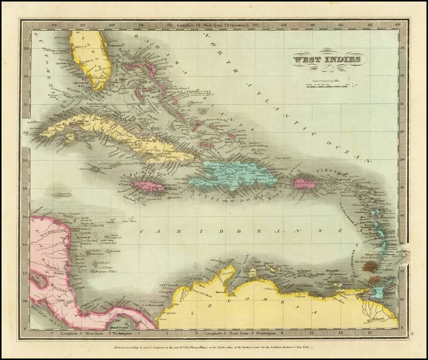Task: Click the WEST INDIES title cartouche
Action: (327, 60)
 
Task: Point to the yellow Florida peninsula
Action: (94, 59)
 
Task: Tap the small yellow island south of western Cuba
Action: (71, 138)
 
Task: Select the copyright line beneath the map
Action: (214, 347)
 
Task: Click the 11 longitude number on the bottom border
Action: (311, 334)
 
